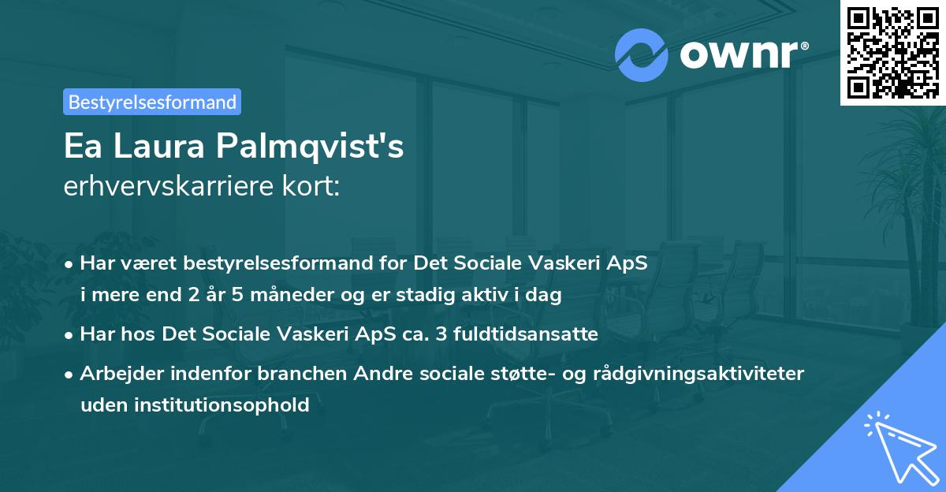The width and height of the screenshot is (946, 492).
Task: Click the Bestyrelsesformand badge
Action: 152,102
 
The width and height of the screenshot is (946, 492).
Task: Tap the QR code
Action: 893,52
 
